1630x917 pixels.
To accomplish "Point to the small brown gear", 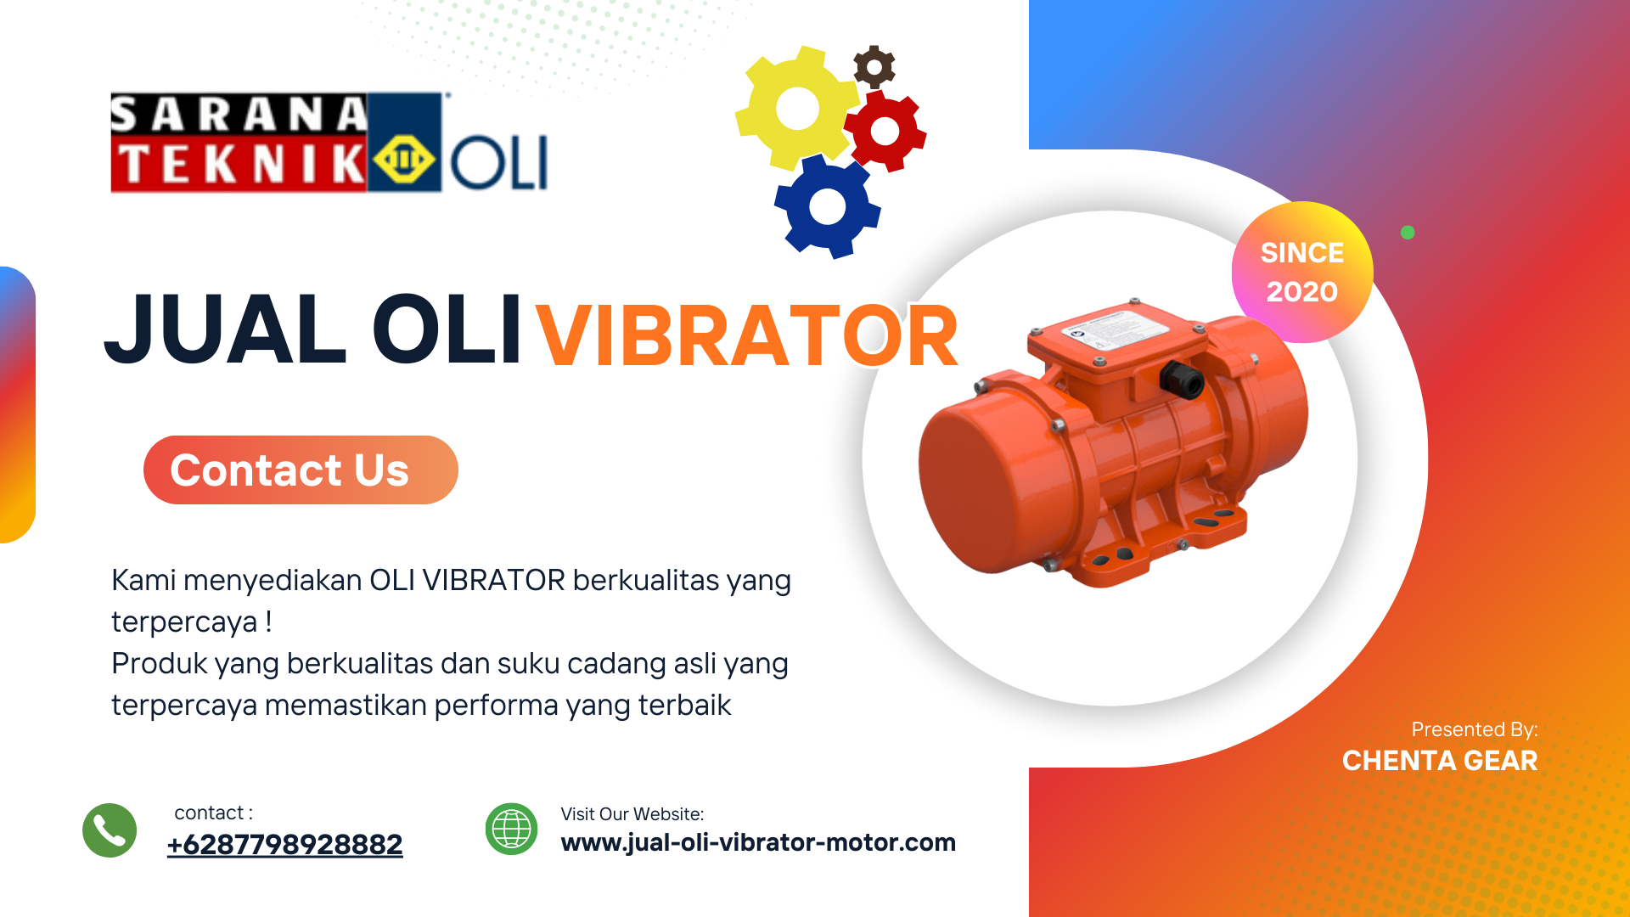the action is coord(874,66).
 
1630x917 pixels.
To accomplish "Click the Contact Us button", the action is coord(301,470).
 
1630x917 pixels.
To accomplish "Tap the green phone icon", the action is coord(110,830).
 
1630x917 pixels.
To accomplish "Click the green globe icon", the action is coord(511,829).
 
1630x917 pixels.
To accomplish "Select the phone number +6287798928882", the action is coord(285,845).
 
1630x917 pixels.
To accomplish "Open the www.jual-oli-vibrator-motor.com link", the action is coord(758,842).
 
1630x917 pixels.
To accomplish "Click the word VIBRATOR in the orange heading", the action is coord(747,337).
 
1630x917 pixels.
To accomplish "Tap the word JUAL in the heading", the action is coord(226,329).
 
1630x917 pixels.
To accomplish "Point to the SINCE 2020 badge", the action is coord(1302,273).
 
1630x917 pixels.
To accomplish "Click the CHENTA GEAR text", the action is coord(1440,761).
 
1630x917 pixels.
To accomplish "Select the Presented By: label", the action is coord(1475,729).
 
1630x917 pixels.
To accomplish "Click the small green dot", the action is coord(1408,233).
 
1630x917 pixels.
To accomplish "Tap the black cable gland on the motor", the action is coord(1183,380).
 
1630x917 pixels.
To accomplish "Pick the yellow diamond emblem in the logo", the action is coord(404,160).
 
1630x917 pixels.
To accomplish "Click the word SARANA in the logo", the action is coord(239,115).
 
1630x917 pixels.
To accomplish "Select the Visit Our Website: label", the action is coord(632,814).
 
